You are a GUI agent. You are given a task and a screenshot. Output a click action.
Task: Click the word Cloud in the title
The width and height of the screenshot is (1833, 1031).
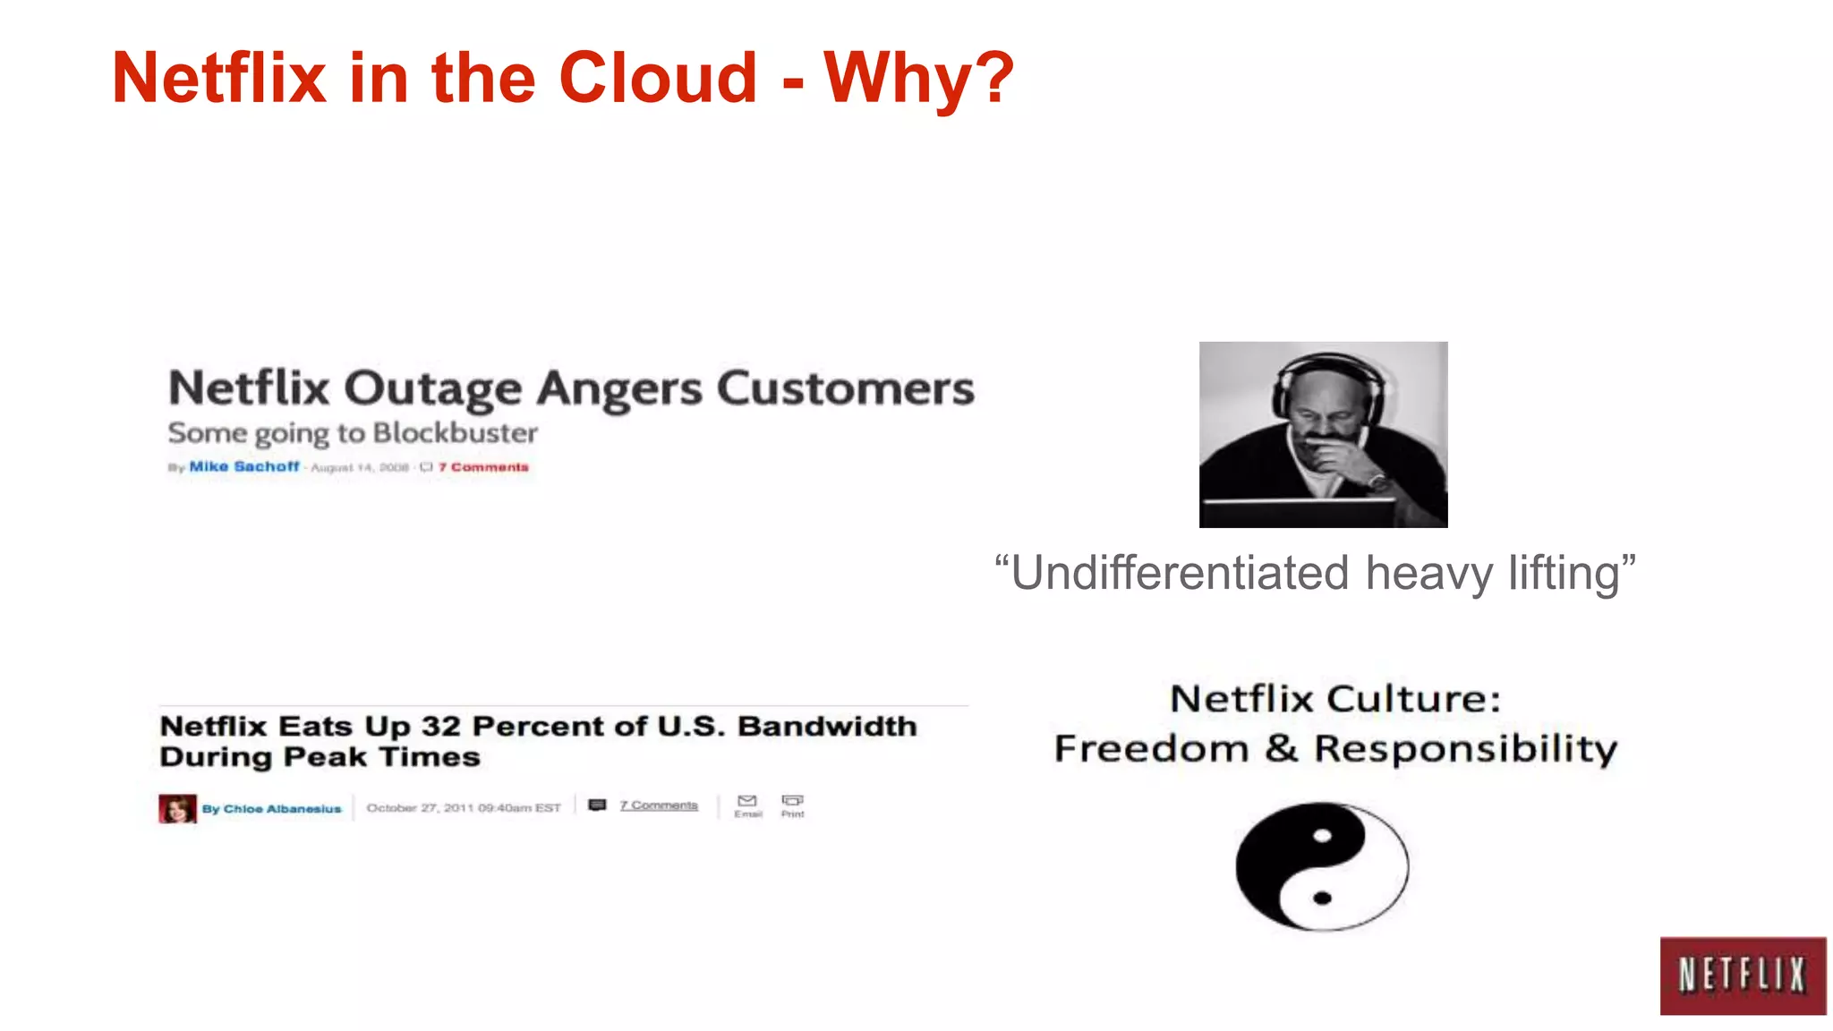[x=658, y=79]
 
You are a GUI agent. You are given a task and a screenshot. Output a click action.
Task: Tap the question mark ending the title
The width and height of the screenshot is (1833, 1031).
[x=991, y=79]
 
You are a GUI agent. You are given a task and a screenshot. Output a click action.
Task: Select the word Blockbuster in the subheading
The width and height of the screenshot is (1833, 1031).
[x=455, y=433]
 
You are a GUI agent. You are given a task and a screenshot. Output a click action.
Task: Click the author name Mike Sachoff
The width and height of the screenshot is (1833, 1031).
[x=243, y=466]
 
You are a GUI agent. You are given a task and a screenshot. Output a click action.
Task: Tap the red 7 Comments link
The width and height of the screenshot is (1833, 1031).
[x=483, y=467]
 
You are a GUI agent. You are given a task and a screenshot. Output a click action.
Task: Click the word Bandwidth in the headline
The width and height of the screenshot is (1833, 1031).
[x=827, y=726]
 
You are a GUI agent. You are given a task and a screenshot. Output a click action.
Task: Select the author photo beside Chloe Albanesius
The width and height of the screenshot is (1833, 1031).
[x=177, y=808]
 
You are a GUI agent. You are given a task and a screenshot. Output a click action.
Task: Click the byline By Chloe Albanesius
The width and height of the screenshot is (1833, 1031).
[x=271, y=809]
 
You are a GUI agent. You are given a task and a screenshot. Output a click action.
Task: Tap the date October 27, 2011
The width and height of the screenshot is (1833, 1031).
[x=420, y=807]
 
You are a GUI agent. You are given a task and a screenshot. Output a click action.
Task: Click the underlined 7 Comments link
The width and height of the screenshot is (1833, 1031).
[x=658, y=805]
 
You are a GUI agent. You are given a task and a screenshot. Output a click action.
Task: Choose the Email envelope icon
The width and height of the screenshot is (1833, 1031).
[x=747, y=801]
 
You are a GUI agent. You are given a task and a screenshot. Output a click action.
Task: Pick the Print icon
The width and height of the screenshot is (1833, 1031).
[x=792, y=801]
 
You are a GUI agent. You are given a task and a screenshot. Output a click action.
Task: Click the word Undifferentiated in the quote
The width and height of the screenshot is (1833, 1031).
[x=1180, y=574]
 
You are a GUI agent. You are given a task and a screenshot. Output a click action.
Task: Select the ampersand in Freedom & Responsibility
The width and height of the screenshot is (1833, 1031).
[x=1281, y=748]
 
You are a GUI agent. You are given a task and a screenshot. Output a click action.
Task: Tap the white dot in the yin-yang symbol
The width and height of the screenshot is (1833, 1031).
[x=1322, y=837]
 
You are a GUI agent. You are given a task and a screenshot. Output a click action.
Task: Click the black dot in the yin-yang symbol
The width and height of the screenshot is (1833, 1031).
[x=1322, y=898]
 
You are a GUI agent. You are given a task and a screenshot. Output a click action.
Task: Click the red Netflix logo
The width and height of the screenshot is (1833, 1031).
[x=1742, y=976]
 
